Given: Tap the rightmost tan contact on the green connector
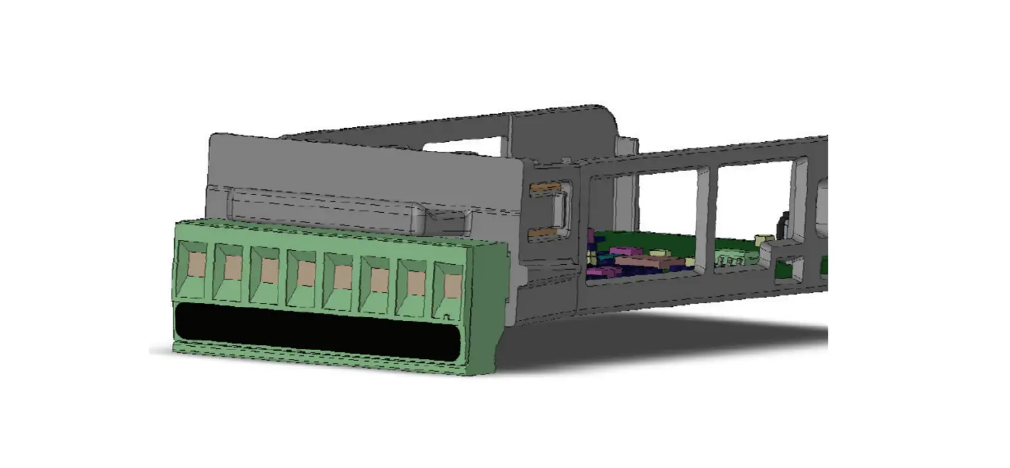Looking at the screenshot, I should click(453, 286).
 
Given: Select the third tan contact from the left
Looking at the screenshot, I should click(269, 271).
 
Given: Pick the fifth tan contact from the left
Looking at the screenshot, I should click(343, 277).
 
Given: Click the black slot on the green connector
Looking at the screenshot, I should click(316, 330).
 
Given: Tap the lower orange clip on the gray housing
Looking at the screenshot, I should click(543, 233).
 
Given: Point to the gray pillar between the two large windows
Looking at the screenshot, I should click(707, 206).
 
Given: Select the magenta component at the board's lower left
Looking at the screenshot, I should click(599, 273).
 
